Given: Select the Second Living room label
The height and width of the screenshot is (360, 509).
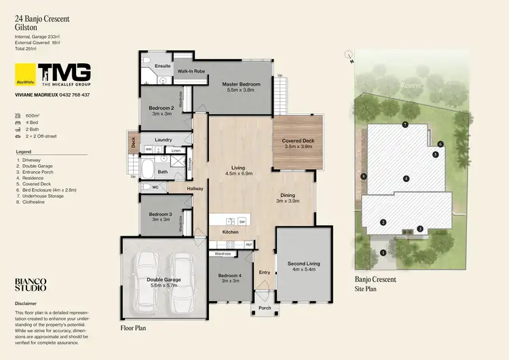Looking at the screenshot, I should coord(303,264).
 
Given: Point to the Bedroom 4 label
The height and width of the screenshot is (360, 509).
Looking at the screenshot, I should coord(230,275).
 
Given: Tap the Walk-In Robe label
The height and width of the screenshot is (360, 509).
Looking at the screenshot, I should coord(191,71).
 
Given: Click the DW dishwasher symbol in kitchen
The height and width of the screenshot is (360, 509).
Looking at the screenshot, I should coord(242,221).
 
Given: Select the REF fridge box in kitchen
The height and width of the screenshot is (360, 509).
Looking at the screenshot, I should coord(249,244).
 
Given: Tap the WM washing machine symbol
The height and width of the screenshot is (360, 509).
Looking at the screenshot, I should coord(149,149).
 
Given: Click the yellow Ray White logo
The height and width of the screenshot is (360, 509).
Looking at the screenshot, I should coord(26,74).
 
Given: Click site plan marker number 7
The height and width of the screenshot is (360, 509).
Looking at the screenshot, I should coord(404,124).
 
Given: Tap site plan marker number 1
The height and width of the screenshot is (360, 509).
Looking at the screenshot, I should coord(383,252).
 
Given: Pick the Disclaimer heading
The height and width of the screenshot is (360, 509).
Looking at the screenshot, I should coord(26,304).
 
